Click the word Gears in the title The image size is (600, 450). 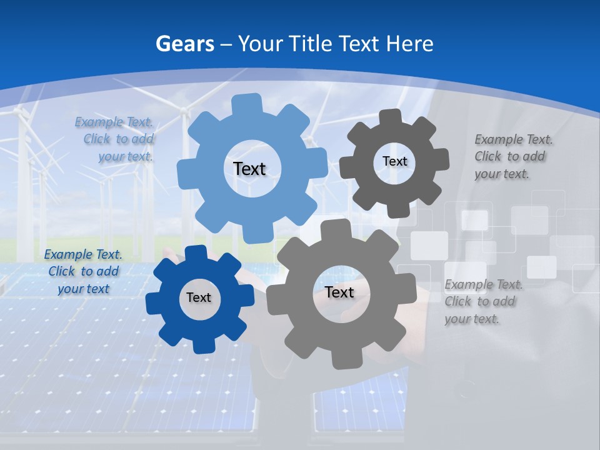(184, 44)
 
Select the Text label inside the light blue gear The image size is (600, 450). (249, 169)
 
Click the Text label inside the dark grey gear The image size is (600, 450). (394, 161)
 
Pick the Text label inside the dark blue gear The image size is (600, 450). (199, 298)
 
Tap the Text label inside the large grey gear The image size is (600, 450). (339, 292)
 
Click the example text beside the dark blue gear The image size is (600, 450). (83, 272)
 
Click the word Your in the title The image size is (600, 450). (259, 44)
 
